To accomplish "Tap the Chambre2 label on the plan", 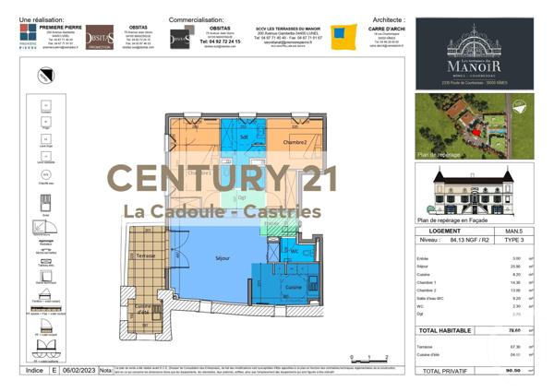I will tap(295, 142).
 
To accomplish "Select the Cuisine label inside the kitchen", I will tap(293, 288).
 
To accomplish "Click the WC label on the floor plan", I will tap(294, 251).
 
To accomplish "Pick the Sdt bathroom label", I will tap(244, 137).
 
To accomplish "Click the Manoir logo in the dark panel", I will tap(473, 57).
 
